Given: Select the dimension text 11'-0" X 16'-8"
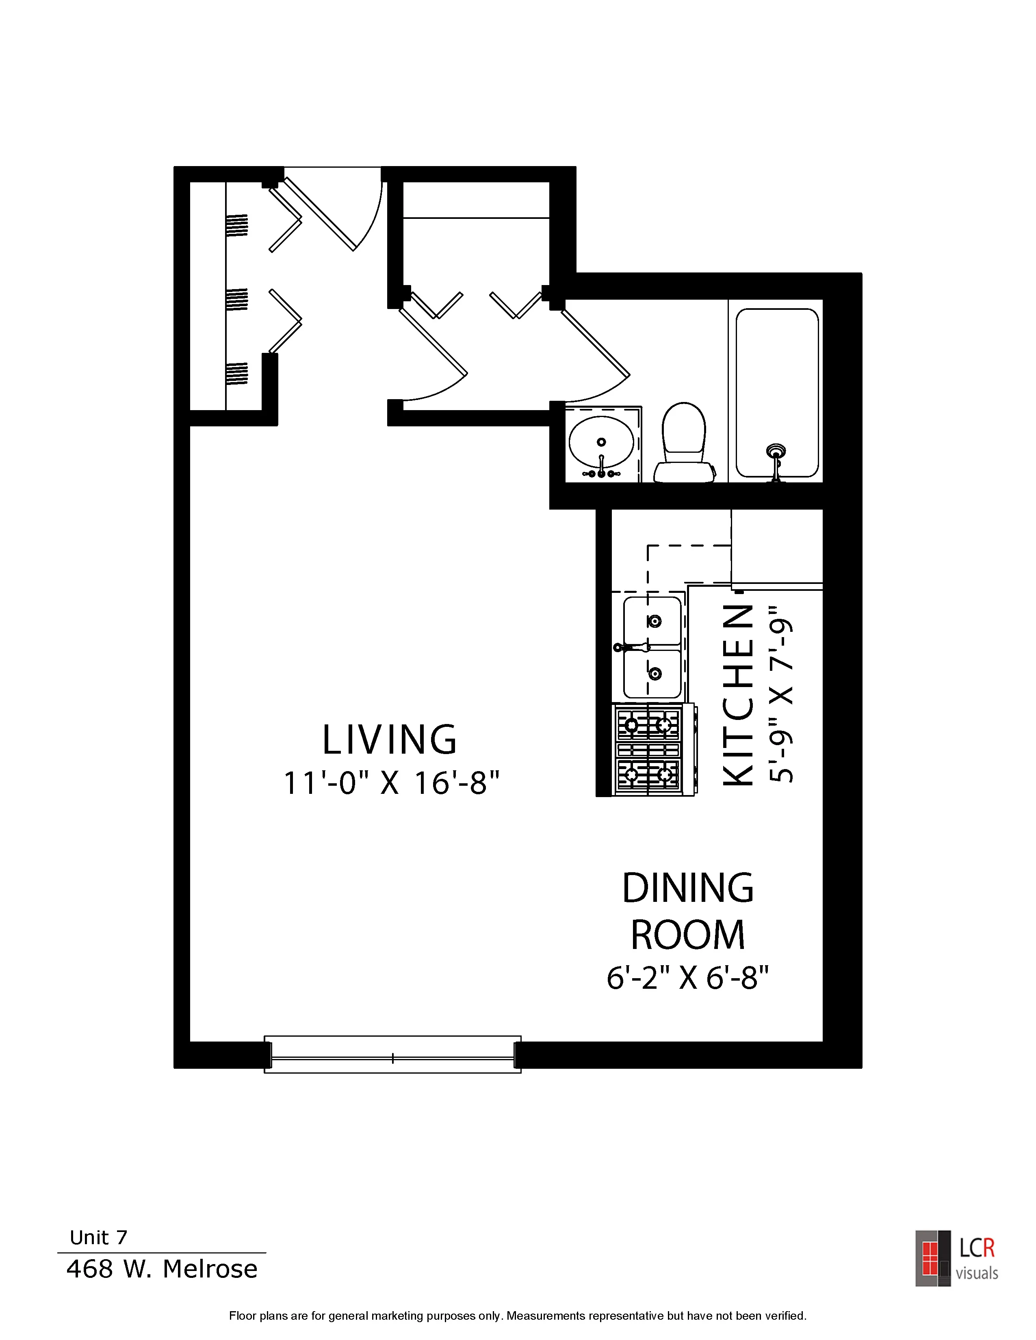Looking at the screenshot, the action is pyautogui.click(x=391, y=784).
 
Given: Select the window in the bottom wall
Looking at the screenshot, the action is pyautogui.click(x=393, y=1055).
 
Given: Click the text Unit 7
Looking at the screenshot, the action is pyautogui.click(x=98, y=1238).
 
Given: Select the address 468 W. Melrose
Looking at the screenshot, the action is pyautogui.click(x=162, y=1269).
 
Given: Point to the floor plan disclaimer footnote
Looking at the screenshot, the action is pyautogui.click(x=517, y=1316).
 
